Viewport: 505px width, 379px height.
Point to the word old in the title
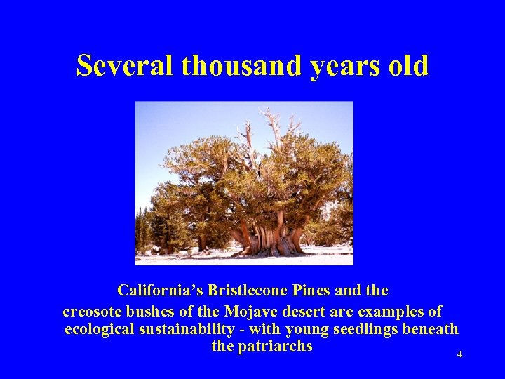pyautogui.click(x=407, y=66)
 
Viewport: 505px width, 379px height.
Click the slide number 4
pyautogui.click(x=459, y=354)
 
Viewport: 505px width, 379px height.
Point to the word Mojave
pyautogui.click(x=250, y=310)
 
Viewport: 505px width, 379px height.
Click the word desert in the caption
pyautogui.click(x=302, y=310)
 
